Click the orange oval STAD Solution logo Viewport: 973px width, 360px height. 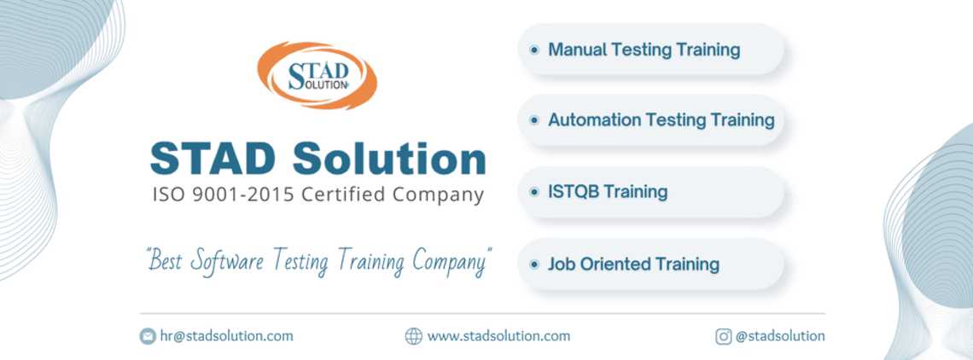[x=318, y=75]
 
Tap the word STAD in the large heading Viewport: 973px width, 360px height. [x=213, y=159]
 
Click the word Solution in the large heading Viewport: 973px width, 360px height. [x=390, y=159]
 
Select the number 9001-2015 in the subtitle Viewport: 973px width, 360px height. [x=243, y=195]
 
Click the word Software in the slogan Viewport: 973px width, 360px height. [x=227, y=261]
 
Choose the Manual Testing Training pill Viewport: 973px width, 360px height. [x=651, y=50]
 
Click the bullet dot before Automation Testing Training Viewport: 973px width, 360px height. [x=534, y=120]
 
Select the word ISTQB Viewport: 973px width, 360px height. [x=572, y=192]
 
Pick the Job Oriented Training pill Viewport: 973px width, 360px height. [x=651, y=264]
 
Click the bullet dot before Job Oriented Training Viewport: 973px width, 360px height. [x=534, y=264]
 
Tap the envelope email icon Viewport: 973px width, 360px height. [x=148, y=336]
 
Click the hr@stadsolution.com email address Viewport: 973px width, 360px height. [x=226, y=336]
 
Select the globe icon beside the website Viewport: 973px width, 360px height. [x=414, y=336]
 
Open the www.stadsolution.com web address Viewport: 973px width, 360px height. [x=499, y=336]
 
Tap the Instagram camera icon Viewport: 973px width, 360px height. [x=724, y=336]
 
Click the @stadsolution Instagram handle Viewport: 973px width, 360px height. [x=781, y=336]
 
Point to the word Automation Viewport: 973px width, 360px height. [x=594, y=119]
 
